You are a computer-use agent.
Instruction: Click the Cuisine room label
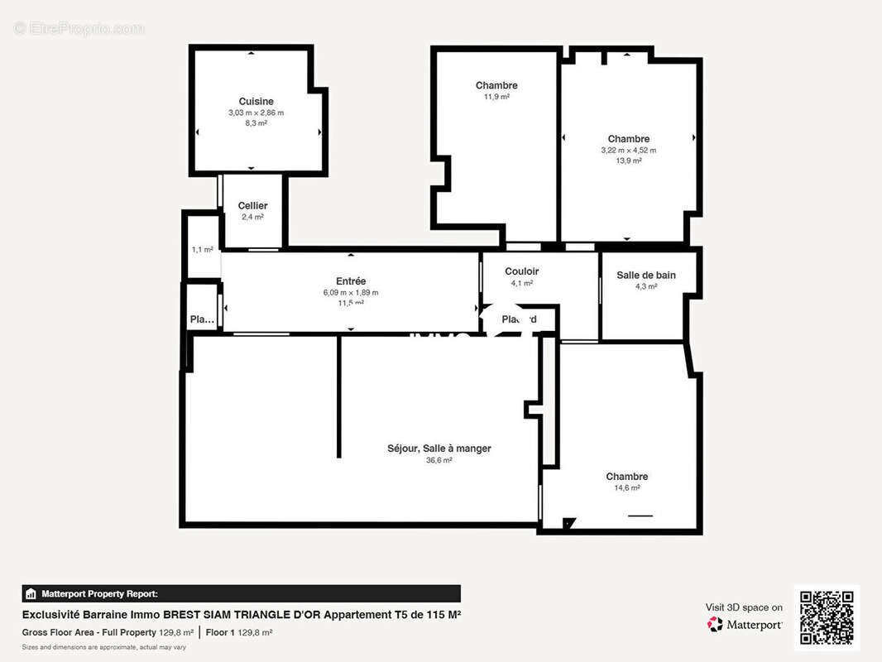tap(256, 101)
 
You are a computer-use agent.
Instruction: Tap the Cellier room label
tap(252, 205)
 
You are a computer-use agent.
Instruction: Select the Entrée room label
tap(351, 281)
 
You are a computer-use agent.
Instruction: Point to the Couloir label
tap(521, 271)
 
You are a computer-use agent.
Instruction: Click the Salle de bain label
tap(645, 275)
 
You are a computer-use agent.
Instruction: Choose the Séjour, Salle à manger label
tap(439, 449)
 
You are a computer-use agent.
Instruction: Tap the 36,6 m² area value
tap(439, 460)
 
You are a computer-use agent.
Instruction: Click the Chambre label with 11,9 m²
tap(496, 85)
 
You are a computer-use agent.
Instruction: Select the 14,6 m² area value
tap(626, 488)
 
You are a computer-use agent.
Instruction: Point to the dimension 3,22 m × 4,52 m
tap(628, 151)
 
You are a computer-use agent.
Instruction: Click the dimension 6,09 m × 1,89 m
tap(351, 293)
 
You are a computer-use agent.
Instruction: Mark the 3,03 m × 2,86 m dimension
tap(256, 113)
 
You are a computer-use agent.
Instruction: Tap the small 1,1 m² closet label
tap(202, 249)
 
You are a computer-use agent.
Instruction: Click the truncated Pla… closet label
tap(202, 319)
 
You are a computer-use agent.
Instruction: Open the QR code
tap(827, 617)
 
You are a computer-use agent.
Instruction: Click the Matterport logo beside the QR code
tap(745, 625)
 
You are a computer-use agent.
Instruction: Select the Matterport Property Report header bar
tap(241, 593)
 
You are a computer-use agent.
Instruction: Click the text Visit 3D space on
tap(744, 607)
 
